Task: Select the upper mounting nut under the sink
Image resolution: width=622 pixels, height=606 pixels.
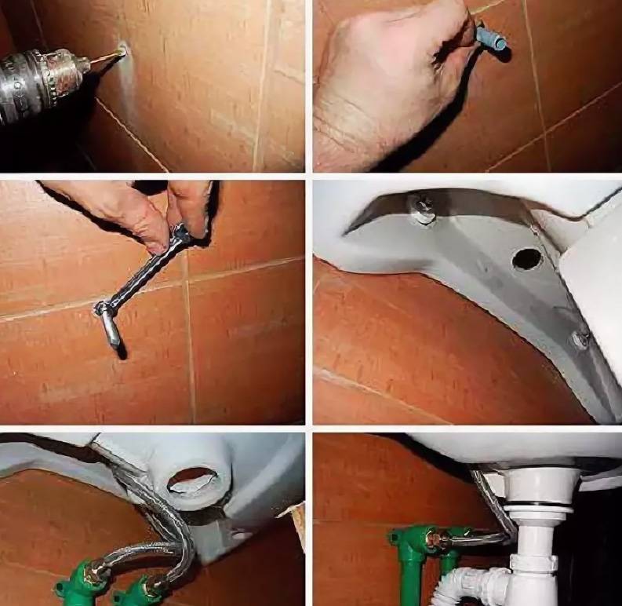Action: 421,207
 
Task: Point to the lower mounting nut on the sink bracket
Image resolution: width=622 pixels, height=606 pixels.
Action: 580,339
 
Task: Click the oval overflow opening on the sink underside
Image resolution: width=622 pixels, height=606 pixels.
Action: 193,480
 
